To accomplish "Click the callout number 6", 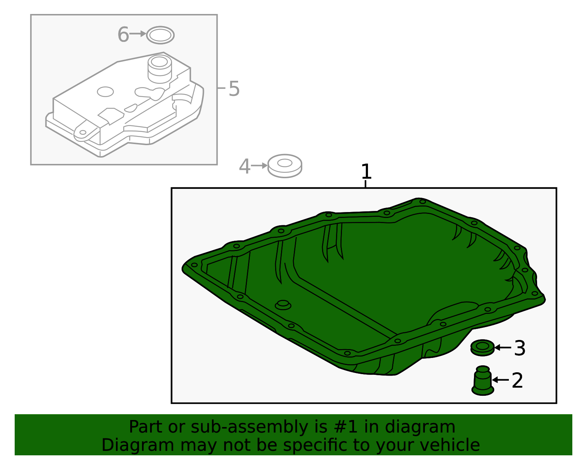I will (x=123, y=35).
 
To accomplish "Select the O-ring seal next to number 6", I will (x=160, y=35).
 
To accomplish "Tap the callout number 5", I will (x=234, y=89).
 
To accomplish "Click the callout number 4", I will (x=244, y=166).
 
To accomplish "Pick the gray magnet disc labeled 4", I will (x=285, y=166).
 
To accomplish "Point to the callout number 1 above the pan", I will (x=366, y=172).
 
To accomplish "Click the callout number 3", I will (x=519, y=348).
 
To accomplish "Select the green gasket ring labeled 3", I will (x=482, y=347).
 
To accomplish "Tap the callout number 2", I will (x=517, y=380).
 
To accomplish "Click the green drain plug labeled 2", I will (x=482, y=381).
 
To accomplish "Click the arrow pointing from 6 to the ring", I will (x=138, y=34).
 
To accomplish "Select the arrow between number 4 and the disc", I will (x=259, y=166).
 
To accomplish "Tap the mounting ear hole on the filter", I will (x=83, y=132).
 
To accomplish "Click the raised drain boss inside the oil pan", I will (x=283, y=305).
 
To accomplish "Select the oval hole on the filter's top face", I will (x=105, y=92).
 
